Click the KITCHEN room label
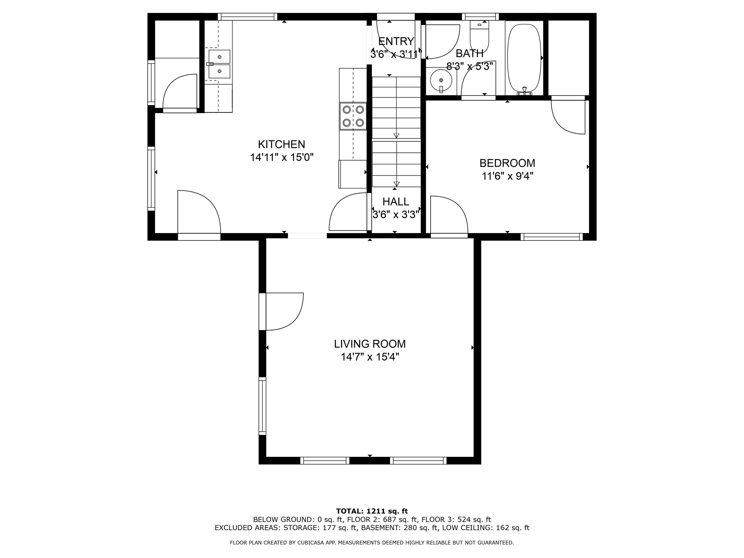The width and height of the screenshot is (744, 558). pyautogui.click(x=281, y=144)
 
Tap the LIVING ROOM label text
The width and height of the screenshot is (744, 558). pyautogui.click(x=370, y=344)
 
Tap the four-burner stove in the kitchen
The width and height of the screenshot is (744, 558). pyautogui.click(x=353, y=116)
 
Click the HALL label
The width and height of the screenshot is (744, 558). pyautogui.click(x=396, y=201)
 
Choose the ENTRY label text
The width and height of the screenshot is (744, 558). pyautogui.click(x=396, y=41)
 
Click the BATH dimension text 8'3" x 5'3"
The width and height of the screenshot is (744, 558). pyautogui.click(x=470, y=66)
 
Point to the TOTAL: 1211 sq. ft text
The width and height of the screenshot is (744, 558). pyautogui.click(x=372, y=511)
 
